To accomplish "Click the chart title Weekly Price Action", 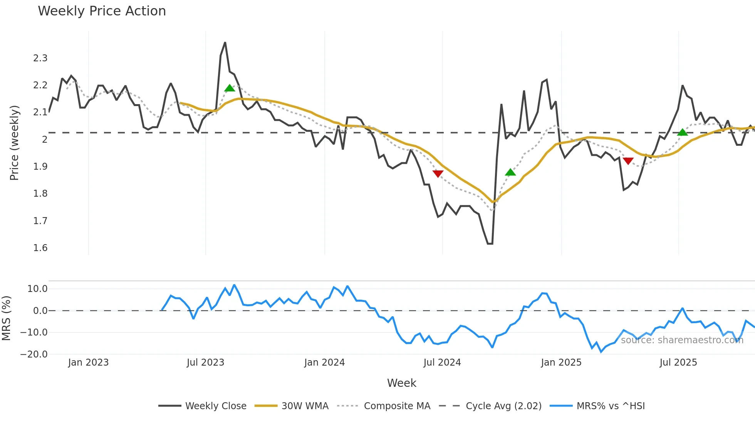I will coord(102,11).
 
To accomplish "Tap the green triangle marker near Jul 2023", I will coord(230,88).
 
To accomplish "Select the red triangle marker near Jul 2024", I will coord(438,174).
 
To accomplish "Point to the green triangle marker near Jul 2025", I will coord(683,133).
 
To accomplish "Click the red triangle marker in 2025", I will coord(628,161).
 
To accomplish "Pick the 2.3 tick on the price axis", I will coord(40,58).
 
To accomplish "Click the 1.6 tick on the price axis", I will coord(40,248).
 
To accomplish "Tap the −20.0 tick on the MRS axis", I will coord(34,354).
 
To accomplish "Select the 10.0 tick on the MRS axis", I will coord(37,289).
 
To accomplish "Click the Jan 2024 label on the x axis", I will coord(324,363).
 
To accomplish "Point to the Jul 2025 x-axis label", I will coord(678,363).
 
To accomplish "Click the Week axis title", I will coord(401,383).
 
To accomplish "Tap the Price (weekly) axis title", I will coord(14,143).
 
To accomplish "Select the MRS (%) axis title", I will coord(6,318).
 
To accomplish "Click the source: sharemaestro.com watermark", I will coord(682,340).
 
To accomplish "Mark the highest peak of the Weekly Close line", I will coord(225,42).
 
